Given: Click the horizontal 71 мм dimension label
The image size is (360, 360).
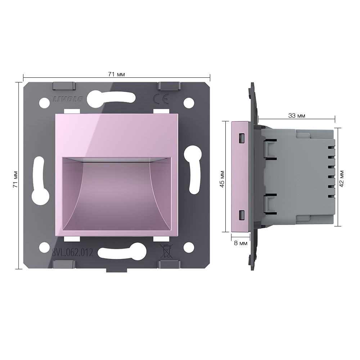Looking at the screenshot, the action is pos(116,74).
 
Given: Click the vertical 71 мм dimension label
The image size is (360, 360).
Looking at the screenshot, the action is pos(15,179).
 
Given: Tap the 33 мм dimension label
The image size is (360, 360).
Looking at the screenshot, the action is pos(297,116).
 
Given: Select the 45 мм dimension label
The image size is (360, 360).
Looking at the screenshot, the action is pos(222,179).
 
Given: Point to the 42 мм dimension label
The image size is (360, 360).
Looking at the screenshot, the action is pos(341,179).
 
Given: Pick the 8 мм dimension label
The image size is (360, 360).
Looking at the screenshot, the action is pos(240,243).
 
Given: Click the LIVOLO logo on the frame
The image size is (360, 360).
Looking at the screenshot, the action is pos(68,99).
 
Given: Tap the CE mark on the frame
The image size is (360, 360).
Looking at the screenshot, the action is pos(161,99).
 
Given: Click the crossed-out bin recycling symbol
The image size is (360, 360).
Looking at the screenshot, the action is pos(166,251).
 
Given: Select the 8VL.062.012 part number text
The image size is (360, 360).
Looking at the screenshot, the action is pos(73,253).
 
